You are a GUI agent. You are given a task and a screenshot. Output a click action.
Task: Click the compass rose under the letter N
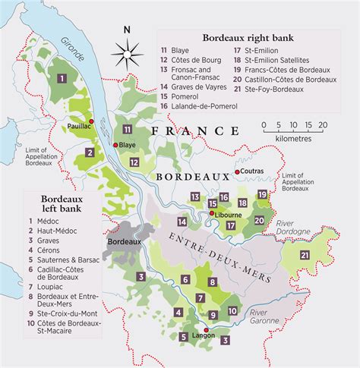(126, 52)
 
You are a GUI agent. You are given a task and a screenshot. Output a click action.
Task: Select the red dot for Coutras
(238, 172)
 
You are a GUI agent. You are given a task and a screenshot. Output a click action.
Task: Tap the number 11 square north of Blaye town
(128, 130)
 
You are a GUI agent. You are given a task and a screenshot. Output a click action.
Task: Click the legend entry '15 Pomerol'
(194, 97)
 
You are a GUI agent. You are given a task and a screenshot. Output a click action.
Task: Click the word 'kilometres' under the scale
(292, 139)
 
